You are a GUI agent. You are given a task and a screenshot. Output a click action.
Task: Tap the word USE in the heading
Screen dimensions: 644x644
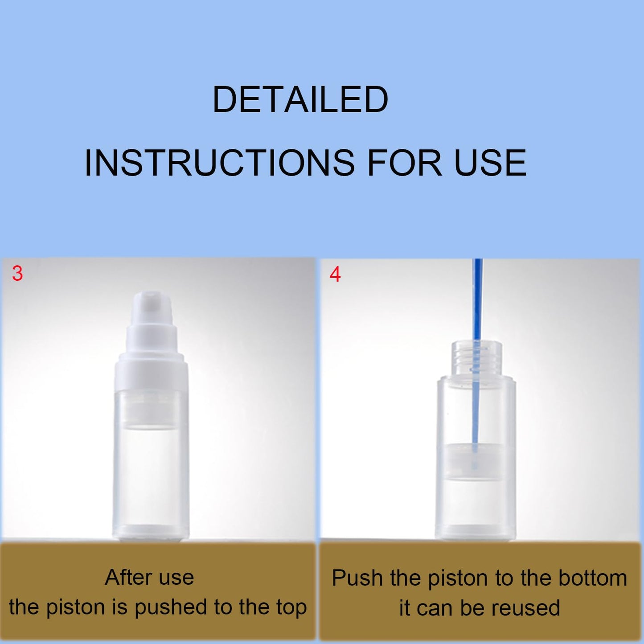coord(490,163)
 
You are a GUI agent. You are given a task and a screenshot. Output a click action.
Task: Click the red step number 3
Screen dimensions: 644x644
coord(17,274)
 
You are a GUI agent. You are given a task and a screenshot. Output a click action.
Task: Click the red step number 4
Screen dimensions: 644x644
coord(335,275)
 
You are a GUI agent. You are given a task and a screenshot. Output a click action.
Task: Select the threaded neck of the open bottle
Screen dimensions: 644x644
coord(476,358)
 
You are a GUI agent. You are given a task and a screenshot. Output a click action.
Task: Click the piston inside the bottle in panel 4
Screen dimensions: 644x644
coord(475,461)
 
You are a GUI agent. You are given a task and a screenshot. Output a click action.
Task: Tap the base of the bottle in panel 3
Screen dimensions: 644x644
coord(151,530)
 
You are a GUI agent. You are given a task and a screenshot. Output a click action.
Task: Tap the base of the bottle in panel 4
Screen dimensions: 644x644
coord(475,530)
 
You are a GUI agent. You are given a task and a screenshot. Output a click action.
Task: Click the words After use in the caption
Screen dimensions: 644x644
coord(149,578)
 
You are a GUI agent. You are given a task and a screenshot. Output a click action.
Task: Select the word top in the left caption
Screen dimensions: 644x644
coord(290,608)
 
